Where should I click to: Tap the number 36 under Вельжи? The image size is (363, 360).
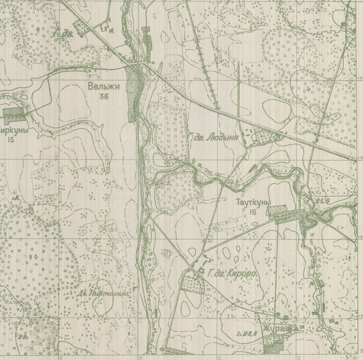pos(104,96)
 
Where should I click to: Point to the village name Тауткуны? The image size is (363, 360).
pos(253,202)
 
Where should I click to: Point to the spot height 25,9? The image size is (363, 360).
pos(323,201)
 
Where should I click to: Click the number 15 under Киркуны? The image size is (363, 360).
pos(11,140)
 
